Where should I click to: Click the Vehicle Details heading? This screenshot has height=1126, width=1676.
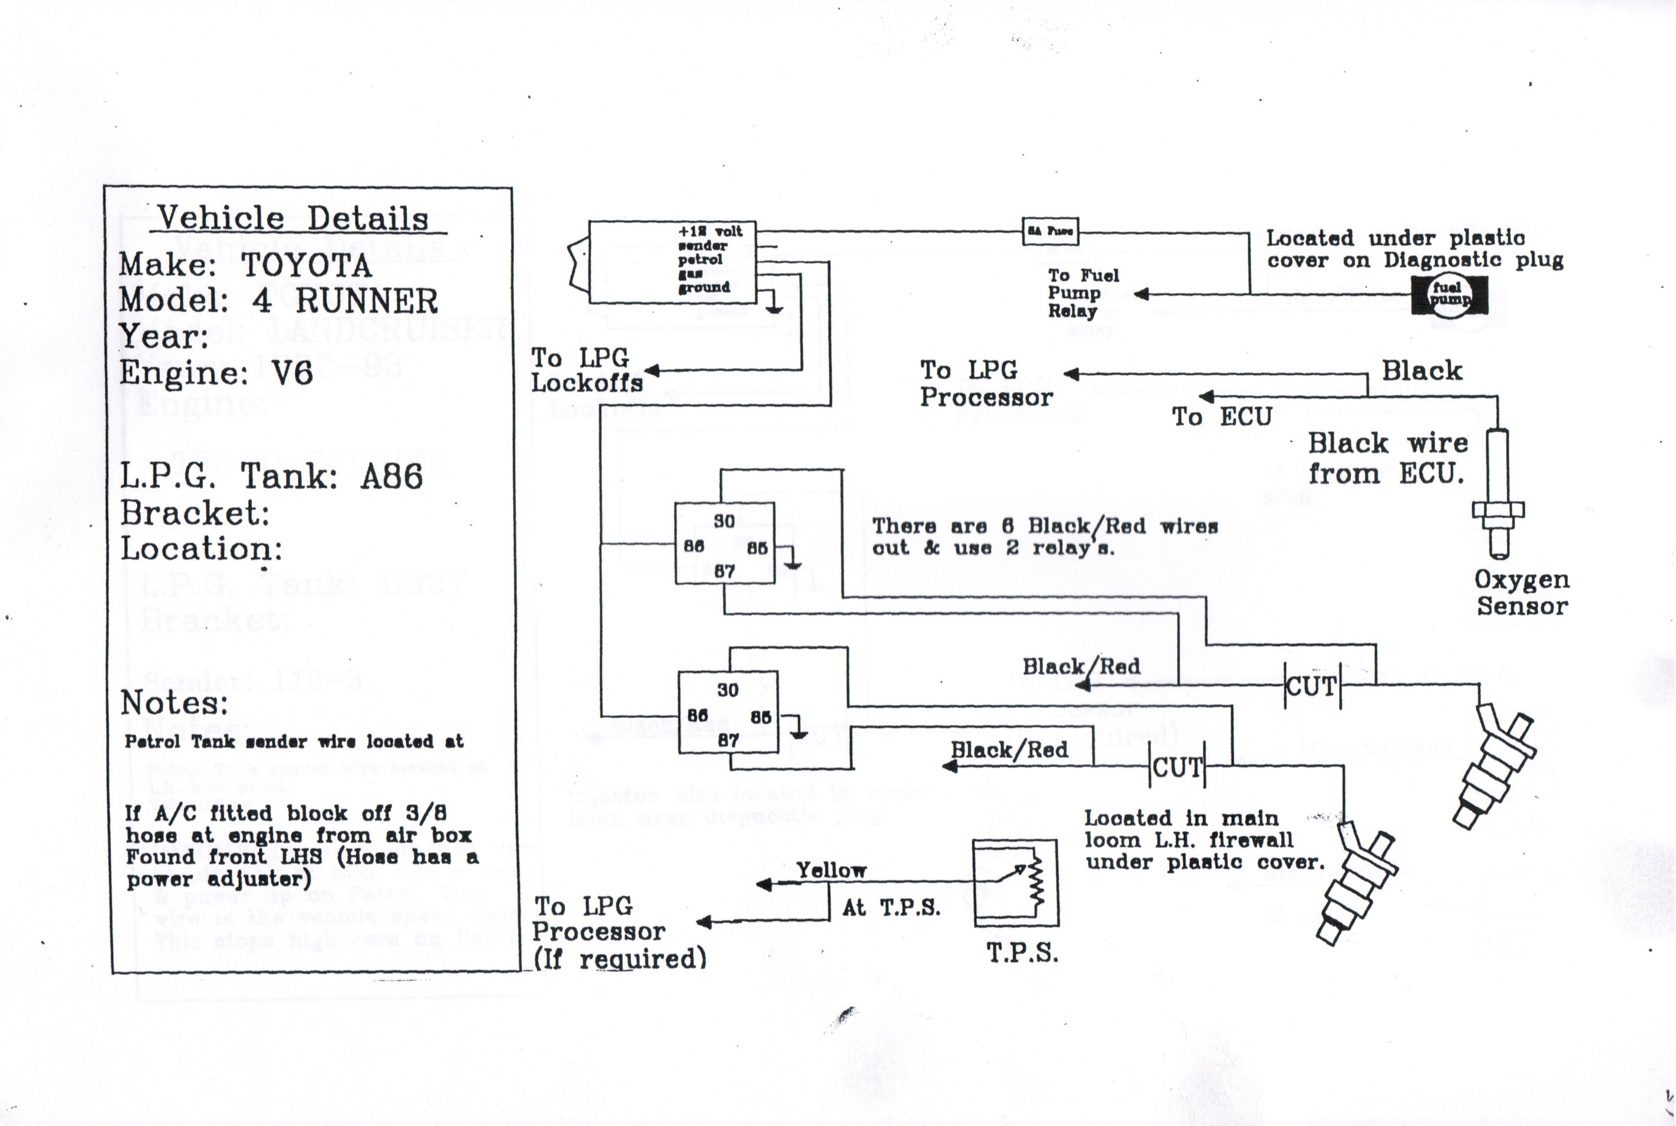coord(293,218)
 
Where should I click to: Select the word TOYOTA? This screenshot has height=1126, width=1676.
coord(307,266)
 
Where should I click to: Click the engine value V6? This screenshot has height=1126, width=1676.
coord(292,373)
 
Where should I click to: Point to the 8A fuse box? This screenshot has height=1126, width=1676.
coord(1050,231)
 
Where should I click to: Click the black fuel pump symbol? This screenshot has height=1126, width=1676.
coord(1449,295)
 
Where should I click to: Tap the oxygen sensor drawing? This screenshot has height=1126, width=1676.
coord(1498,495)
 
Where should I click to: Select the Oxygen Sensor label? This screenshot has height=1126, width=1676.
coord(1521,593)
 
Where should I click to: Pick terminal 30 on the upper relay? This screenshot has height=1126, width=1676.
coord(724,521)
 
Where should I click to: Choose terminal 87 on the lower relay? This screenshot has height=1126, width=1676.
coord(728,740)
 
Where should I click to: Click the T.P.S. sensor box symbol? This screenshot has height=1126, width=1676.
coord(1015,883)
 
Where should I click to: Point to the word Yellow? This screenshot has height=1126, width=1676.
coord(831,870)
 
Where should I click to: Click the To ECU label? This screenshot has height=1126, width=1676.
coord(1222,416)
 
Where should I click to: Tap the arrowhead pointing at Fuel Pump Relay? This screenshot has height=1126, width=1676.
coord(1141,294)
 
